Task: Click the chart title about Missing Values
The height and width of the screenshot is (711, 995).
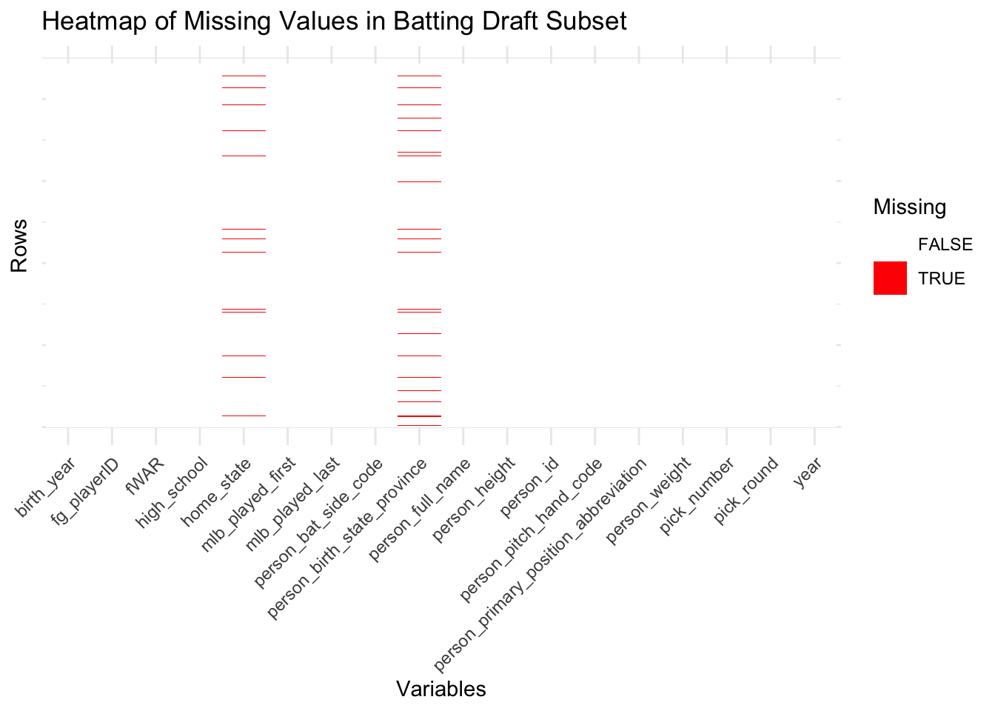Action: coord(334,21)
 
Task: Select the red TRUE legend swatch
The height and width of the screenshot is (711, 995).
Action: coord(890,278)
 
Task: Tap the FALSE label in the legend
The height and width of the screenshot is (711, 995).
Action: coord(945,244)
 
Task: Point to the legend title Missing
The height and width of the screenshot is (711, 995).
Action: coord(909,207)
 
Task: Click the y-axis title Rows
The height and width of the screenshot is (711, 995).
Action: coord(19,245)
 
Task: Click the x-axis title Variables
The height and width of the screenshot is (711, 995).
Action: coord(440,689)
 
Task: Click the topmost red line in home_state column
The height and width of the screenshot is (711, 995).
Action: coord(244,76)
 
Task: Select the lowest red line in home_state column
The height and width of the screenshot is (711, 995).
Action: coord(244,415)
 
